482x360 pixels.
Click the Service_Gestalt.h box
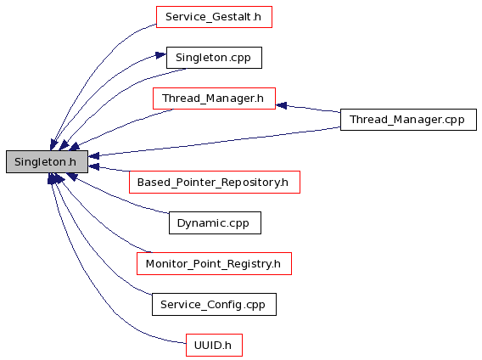click(214, 17)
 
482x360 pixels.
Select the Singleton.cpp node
click(214, 58)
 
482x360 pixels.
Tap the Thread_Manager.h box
click(214, 98)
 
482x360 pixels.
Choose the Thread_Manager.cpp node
click(408, 120)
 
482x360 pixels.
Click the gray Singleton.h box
click(47, 161)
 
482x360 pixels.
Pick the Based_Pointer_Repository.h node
click(214, 183)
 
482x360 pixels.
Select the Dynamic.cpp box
click(215, 222)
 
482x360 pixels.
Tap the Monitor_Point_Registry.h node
click(214, 264)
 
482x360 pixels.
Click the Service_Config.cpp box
click(214, 304)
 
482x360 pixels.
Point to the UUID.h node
click(214, 346)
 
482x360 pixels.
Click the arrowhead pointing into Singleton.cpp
click(160, 55)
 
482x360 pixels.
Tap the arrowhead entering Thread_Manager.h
click(281, 105)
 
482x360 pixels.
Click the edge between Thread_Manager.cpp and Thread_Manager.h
click(308, 109)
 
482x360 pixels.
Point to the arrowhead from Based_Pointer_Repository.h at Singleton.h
click(93, 166)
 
